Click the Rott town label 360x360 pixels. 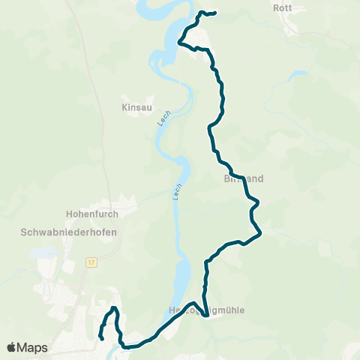[x=282, y=8]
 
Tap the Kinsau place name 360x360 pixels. [x=136, y=107]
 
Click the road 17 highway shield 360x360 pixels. [x=91, y=262]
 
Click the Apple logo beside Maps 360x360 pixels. [x=12, y=347]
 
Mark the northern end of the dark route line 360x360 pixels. [x=215, y=13]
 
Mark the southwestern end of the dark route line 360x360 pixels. [x=101, y=339]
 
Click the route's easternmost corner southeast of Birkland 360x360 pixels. [x=260, y=235]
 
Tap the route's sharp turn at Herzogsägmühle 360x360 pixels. [x=205, y=305]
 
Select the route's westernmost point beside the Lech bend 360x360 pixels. [x=178, y=43]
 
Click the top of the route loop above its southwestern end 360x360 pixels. [x=113, y=308]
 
